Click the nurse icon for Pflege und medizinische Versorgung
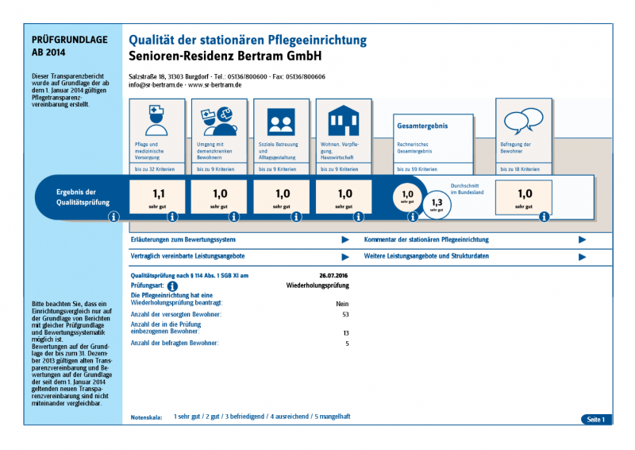pyautogui.click(x=156, y=121)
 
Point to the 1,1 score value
pyautogui.click(x=158, y=193)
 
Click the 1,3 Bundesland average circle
pyautogui.click(x=436, y=204)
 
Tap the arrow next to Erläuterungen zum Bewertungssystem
pyautogui.click(x=345, y=239)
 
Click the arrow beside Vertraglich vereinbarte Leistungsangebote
pyautogui.click(x=345, y=257)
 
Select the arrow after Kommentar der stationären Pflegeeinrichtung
pyautogui.click(x=583, y=239)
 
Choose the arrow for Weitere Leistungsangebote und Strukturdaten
pyautogui.click(x=583, y=257)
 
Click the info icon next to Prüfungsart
pyautogui.click(x=172, y=286)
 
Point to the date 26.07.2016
pyautogui.click(x=334, y=275)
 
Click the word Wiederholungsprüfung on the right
pyautogui.click(x=317, y=284)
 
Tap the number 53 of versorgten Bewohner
pyautogui.click(x=345, y=315)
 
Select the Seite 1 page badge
pyautogui.click(x=595, y=419)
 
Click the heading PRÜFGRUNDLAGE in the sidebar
pyautogui.click(x=63, y=39)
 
